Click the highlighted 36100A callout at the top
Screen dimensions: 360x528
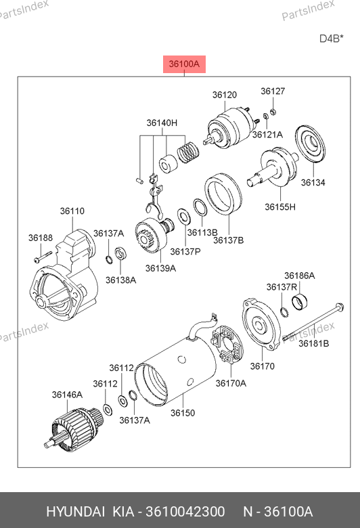[184, 64]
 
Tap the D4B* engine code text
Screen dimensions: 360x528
[332, 39]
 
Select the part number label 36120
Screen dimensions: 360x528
[225, 95]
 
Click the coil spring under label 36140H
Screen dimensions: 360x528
[188, 152]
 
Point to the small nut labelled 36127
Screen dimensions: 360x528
[273, 112]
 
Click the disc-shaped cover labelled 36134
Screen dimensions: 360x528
[310, 144]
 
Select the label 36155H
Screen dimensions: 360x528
[280, 206]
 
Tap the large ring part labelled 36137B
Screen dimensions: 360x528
[223, 194]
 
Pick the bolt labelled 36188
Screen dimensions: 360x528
[43, 257]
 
